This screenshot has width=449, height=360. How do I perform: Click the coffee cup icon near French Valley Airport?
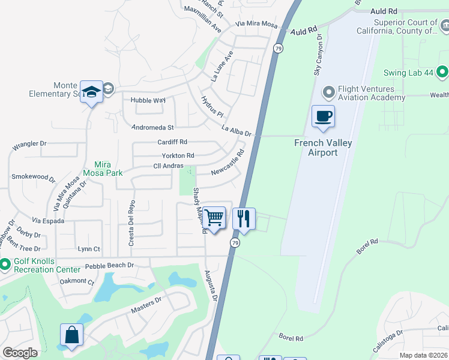click(323, 116)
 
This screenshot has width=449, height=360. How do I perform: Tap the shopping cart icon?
click(214, 218)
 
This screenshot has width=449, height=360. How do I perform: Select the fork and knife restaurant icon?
click(244, 218)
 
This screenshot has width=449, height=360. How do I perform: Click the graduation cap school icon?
click(91, 92)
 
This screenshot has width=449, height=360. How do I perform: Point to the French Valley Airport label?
click(323, 148)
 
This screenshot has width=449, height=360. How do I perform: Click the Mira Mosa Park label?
click(109, 169)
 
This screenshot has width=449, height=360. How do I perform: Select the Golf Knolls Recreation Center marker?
click(5, 264)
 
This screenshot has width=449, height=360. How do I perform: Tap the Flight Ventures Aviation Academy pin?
click(328, 92)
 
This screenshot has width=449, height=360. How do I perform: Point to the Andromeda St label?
click(153, 127)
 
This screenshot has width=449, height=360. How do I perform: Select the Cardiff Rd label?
click(172, 142)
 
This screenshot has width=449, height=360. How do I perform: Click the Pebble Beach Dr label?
click(109, 265)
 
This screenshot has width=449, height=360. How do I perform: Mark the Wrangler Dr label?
click(29, 145)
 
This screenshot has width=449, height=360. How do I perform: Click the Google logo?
click(20, 353)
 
